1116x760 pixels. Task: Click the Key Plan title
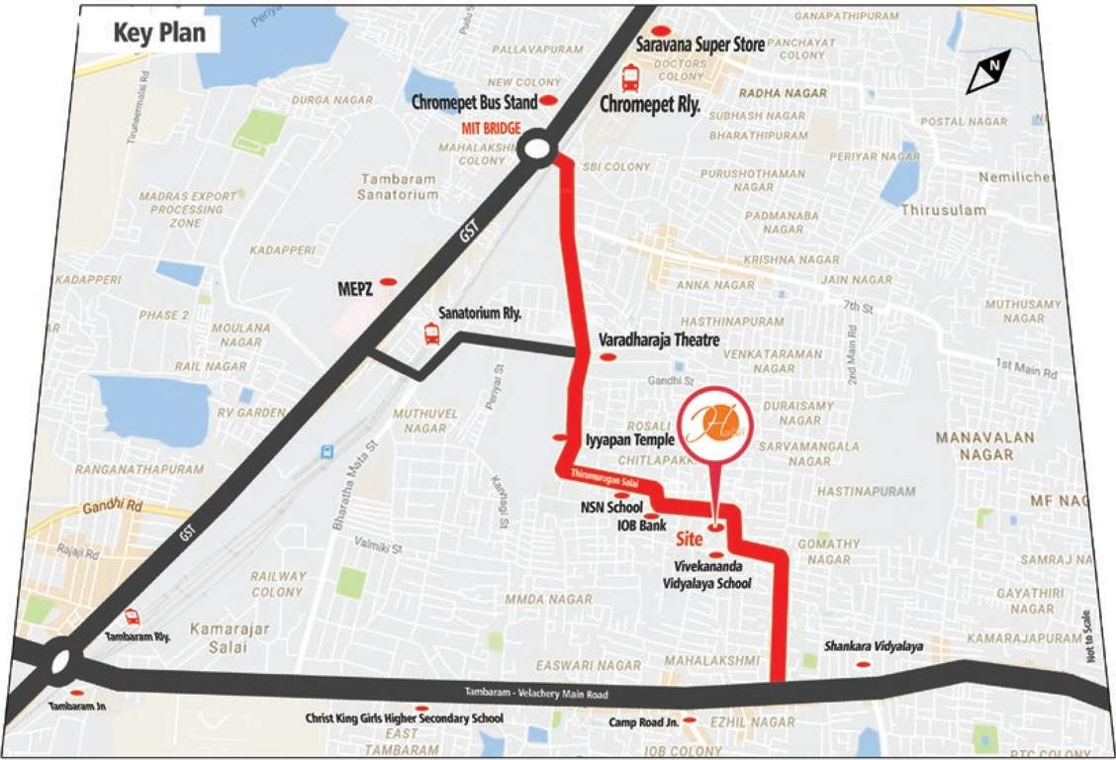pos(158,33)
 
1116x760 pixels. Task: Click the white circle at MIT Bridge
pos(536,149)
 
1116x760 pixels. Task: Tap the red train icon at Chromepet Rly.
pos(629,78)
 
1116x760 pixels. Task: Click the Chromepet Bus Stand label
pos(474,102)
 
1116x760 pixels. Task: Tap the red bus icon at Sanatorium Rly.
pos(431,333)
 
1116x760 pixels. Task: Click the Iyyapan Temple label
pos(628,438)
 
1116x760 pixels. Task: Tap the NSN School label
pos(611,507)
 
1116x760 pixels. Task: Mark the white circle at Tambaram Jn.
pos(61,660)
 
